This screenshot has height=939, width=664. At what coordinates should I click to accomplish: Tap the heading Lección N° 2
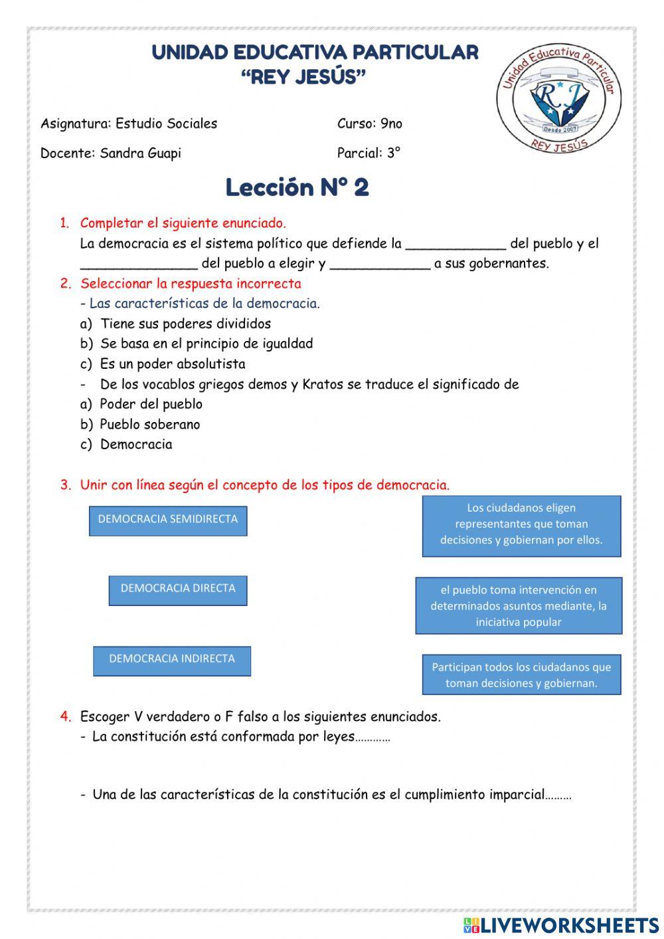(297, 187)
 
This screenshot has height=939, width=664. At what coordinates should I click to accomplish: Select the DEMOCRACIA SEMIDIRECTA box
(168, 520)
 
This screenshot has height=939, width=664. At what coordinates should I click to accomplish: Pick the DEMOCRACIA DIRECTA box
(178, 589)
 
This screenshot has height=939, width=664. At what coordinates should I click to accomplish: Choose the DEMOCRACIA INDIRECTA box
(172, 660)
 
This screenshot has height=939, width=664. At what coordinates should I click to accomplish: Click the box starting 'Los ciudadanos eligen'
(521, 525)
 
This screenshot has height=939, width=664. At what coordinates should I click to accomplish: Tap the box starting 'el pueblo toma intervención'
(519, 605)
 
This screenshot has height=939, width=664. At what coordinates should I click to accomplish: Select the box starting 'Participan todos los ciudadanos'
(521, 675)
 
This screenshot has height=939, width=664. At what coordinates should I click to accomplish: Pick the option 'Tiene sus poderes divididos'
(185, 324)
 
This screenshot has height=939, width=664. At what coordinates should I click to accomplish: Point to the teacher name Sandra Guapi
(140, 154)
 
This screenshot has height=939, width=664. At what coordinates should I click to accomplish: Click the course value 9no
(391, 124)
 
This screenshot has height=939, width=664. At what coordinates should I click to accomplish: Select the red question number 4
(65, 716)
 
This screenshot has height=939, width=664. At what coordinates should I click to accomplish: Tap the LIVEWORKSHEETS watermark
(561, 925)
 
